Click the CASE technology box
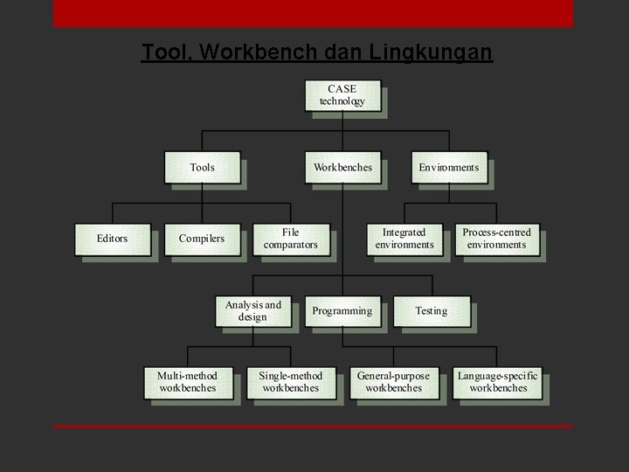[342, 95]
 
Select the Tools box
[202, 167]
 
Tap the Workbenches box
[342, 167]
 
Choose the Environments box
[449, 167]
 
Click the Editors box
[112, 239]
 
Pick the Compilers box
[202, 239]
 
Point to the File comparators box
[291, 239]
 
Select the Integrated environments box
[404, 239]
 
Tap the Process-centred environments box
[496, 239]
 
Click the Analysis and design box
[253, 311]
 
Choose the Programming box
[342, 311]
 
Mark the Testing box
[432, 311]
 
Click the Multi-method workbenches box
[187, 382]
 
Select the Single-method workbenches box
[291, 382]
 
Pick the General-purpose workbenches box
[393, 382]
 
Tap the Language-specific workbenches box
[498, 382]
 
